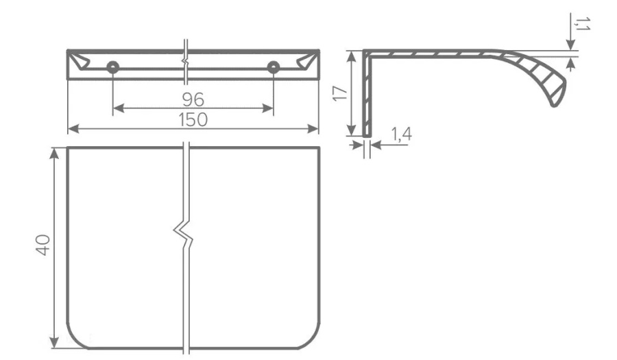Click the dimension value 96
coord(193,100)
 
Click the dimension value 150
coord(193,120)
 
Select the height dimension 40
coord(43,245)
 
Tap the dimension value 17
coord(340,93)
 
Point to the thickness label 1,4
coord(401,134)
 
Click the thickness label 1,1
coord(581,23)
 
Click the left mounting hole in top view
coord(113,67)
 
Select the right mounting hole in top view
coord(274,67)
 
